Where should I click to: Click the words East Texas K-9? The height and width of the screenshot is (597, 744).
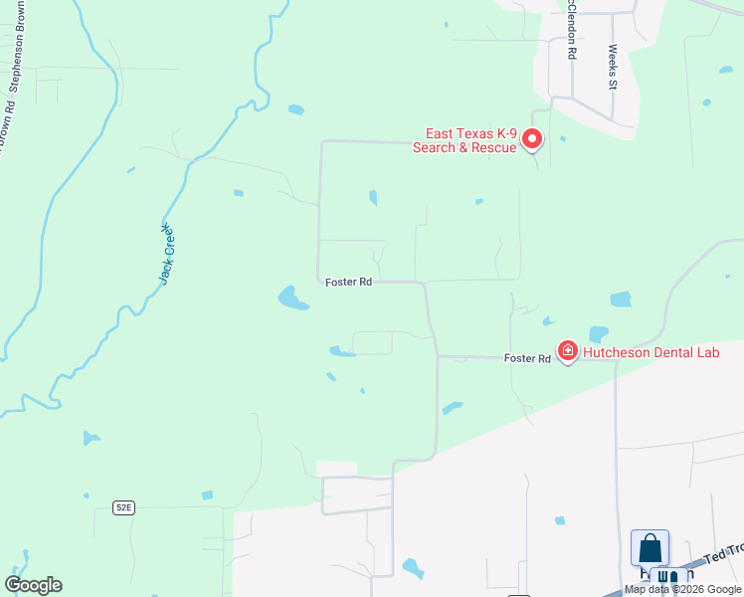(471, 134)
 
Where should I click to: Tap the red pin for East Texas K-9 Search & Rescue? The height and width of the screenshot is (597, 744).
(532, 139)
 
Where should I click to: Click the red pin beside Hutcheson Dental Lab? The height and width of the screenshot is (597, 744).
(567, 350)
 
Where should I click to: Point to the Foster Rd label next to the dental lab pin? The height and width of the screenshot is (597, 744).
(527, 358)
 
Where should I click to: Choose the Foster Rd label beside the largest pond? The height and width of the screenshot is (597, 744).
(348, 283)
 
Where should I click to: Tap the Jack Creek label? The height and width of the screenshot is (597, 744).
(167, 253)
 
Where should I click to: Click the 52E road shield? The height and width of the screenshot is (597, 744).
(122, 507)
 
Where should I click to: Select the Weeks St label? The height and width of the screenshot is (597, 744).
(613, 67)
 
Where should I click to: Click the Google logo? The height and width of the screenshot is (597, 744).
(34, 585)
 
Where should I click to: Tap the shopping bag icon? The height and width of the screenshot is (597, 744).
(650, 548)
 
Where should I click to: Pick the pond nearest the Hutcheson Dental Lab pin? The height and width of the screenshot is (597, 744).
(598, 334)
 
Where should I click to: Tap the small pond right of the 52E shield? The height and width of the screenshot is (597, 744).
(207, 496)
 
